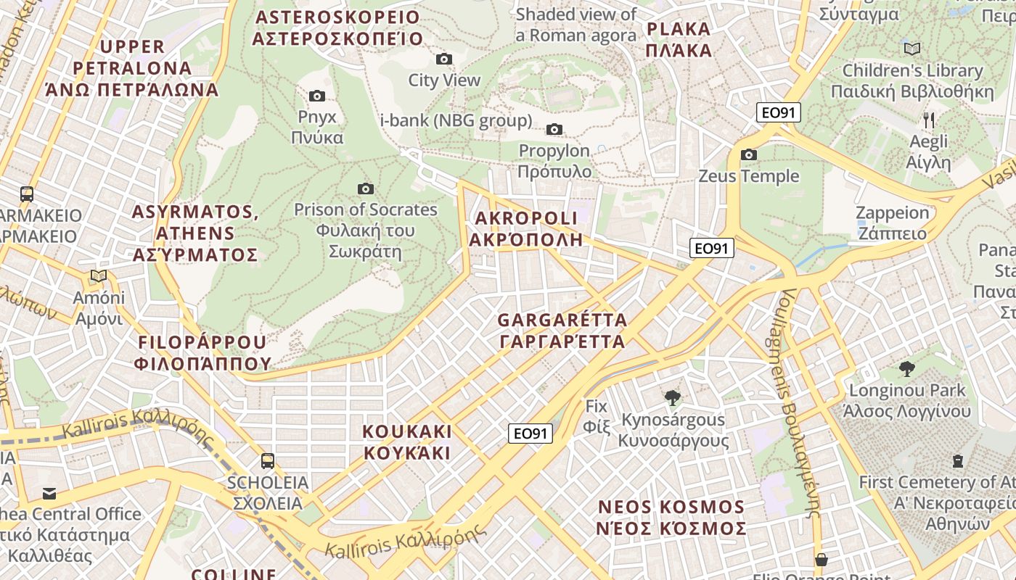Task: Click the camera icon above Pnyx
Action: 316,96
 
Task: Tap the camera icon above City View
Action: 444,59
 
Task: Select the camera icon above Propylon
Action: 554,129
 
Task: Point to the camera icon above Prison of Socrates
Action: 366,188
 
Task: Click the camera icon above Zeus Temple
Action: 749,154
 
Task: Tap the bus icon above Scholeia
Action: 267,460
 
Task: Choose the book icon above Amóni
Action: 99,276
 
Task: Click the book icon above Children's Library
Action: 912,49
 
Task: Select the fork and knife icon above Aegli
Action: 929,120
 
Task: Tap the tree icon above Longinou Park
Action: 906,369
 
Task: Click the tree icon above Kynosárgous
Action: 673,397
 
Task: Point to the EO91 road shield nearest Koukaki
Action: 530,434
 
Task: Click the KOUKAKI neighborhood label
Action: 406,442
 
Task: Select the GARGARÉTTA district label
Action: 562,331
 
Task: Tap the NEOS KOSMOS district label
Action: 671,518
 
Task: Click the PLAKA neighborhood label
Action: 679,40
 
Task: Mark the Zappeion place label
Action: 892,223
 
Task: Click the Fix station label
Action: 596,416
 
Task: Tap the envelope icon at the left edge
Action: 49,494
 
